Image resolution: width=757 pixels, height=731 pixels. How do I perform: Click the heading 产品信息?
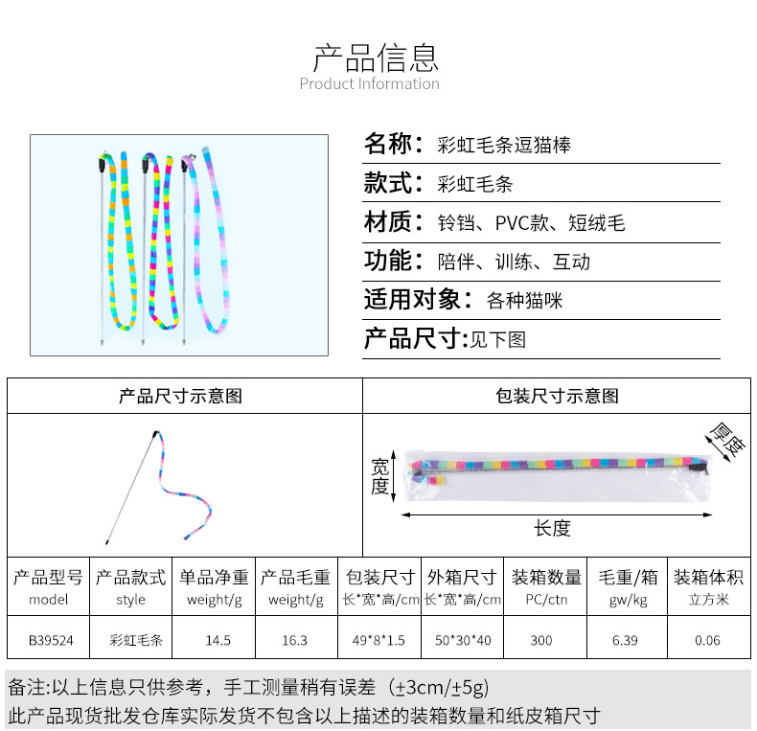click(x=376, y=57)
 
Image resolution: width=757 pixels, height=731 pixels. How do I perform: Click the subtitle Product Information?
click(x=370, y=84)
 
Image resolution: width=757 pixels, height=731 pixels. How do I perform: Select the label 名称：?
click(x=393, y=145)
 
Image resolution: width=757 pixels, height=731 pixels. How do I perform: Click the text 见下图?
click(x=497, y=339)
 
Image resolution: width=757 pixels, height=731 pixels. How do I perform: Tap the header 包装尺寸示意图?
click(x=557, y=396)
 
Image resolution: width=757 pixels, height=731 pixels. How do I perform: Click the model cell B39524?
click(x=49, y=640)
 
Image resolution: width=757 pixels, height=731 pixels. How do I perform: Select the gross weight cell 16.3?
click(x=295, y=640)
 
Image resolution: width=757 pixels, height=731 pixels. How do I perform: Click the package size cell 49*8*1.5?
click(x=379, y=640)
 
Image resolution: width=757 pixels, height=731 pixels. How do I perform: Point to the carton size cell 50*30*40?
click(x=463, y=640)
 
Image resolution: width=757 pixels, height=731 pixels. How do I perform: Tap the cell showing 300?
click(x=541, y=640)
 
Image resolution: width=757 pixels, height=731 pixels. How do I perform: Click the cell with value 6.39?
click(x=625, y=640)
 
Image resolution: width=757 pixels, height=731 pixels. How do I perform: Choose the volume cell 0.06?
click(x=709, y=640)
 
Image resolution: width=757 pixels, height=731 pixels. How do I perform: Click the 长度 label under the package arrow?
click(x=552, y=528)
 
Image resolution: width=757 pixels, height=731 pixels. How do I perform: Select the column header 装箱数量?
click(x=546, y=578)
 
